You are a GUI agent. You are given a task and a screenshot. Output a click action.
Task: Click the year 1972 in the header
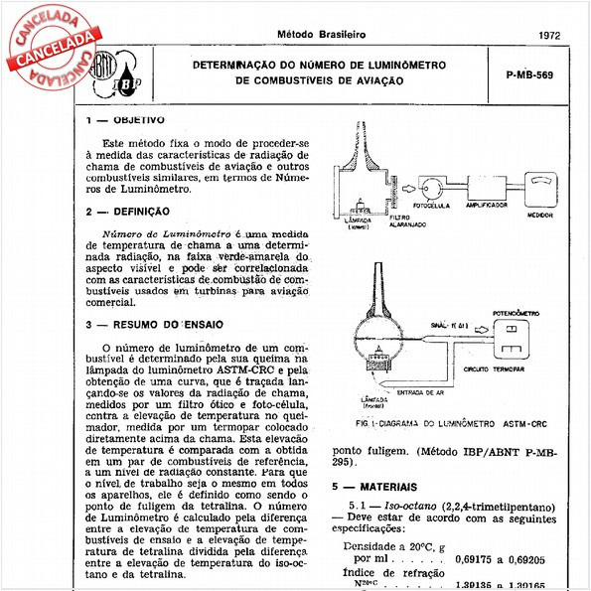click(549, 34)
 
